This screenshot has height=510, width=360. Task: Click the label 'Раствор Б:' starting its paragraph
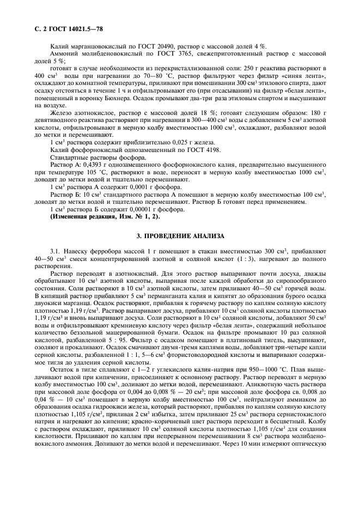[x=63, y=195]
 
